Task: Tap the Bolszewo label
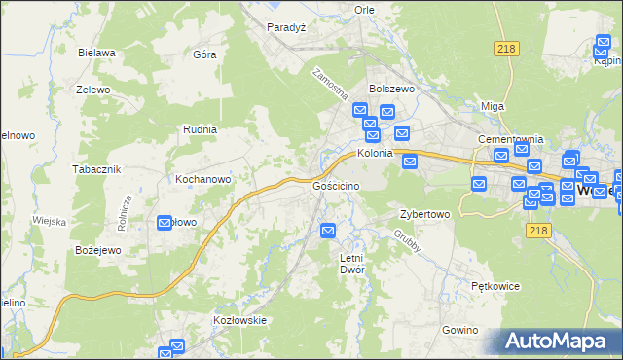click(391, 88)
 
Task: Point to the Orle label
click(365, 9)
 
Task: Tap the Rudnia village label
click(200, 128)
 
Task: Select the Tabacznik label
click(95, 168)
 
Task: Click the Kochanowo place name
click(202, 180)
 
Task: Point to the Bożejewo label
click(96, 250)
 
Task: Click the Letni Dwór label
click(350, 263)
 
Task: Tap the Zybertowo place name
click(424, 214)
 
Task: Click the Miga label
click(494, 106)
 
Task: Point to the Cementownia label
click(509, 139)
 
